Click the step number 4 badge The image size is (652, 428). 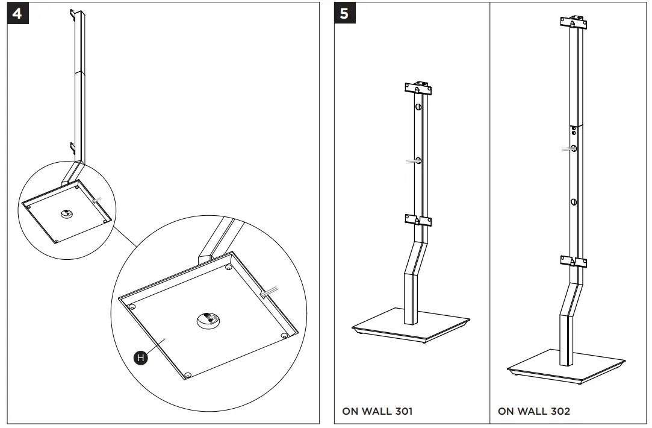coord(17,13)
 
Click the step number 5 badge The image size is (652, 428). coord(344,13)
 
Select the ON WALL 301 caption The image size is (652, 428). coord(377,412)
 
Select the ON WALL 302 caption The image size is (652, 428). coord(533,412)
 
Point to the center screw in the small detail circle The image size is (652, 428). coord(67,213)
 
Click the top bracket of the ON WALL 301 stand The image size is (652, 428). coord(418,88)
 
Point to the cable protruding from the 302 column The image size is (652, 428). coord(566,148)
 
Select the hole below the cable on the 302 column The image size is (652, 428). coord(574,201)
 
